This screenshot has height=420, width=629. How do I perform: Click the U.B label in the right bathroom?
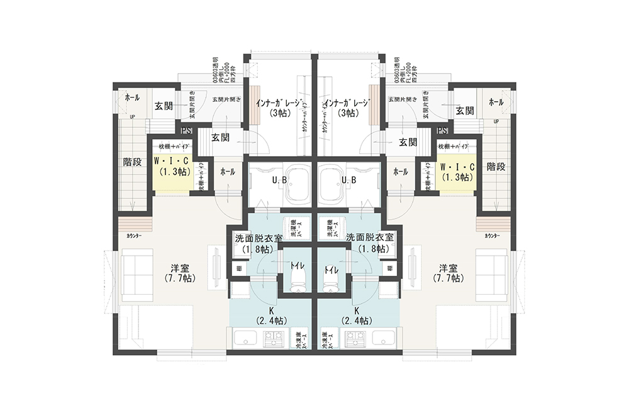tap(350, 181)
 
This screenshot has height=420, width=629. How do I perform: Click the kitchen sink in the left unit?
tap(246, 339)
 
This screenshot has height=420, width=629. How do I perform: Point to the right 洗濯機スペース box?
tap(330, 228)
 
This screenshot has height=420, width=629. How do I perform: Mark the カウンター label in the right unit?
tap(492, 236)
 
